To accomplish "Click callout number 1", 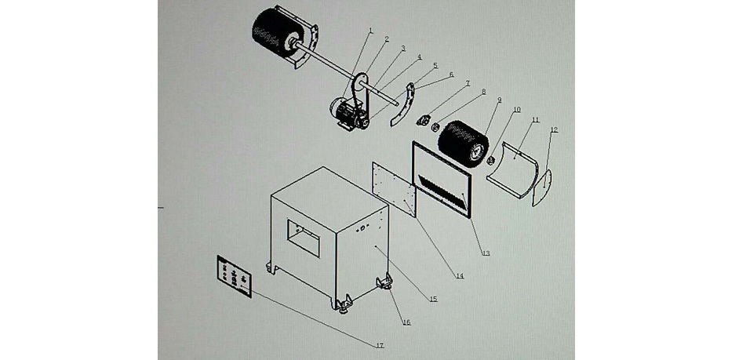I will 371,30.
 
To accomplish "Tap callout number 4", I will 419,56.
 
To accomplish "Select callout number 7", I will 468,82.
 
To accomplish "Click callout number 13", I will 486,253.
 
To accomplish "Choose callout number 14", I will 460,275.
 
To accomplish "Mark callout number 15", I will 433,299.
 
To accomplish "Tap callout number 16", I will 406,322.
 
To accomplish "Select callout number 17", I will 380,345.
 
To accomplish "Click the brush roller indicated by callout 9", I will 464,146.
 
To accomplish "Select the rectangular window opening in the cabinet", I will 301,232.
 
